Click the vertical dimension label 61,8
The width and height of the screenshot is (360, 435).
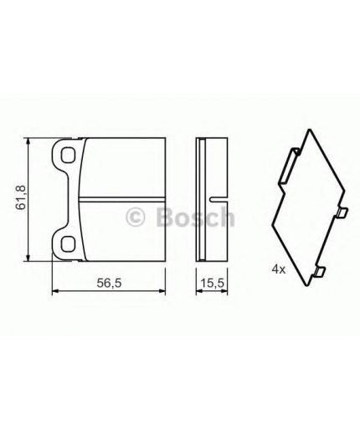coord(25,197)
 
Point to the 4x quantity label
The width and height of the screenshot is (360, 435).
coord(277,269)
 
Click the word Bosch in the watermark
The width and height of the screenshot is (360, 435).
coord(192,219)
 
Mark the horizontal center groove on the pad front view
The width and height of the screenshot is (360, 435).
coord(126,198)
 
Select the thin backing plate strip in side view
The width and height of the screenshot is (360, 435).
coord(198,198)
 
